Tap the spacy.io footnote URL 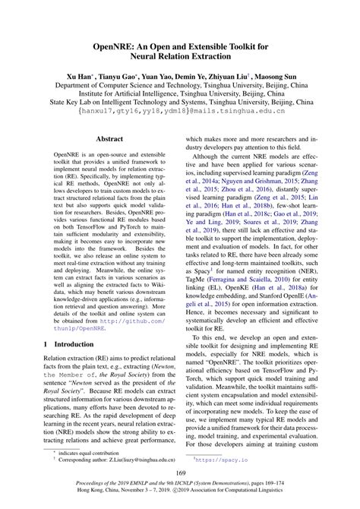click(x=226, y=460)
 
